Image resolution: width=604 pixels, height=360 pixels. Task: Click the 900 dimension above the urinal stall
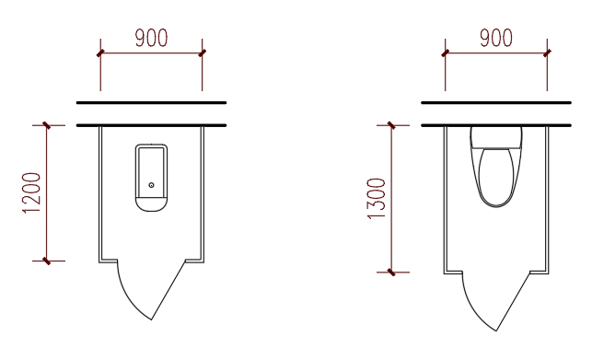151,38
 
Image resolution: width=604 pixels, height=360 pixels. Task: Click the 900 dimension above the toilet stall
496,38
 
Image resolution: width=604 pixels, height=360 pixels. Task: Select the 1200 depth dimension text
31,193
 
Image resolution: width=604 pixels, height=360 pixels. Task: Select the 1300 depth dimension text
377,198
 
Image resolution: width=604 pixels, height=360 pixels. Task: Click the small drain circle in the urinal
151,185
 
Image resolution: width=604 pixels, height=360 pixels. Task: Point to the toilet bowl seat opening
496,177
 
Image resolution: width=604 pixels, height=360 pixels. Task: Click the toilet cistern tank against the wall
496,137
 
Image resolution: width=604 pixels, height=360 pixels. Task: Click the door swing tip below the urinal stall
151,319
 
